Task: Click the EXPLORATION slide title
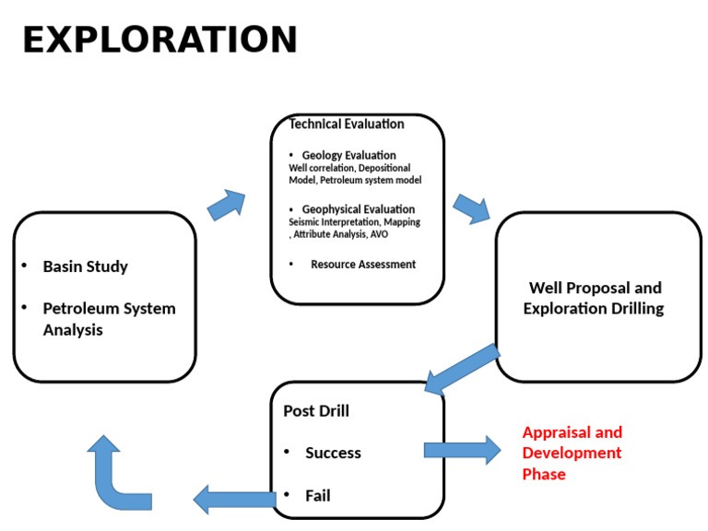click(x=159, y=41)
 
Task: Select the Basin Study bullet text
click(x=85, y=266)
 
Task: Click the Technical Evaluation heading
click(x=347, y=124)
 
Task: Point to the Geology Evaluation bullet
click(x=348, y=155)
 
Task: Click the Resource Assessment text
click(x=362, y=265)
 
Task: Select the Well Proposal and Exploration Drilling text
click(x=594, y=299)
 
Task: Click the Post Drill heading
click(x=315, y=411)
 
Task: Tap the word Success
click(x=333, y=453)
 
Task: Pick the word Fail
click(x=317, y=496)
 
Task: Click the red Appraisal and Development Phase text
click(x=572, y=453)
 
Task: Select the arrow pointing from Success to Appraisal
click(x=462, y=450)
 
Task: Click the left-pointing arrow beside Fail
click(x=234, y=500)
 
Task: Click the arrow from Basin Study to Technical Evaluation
click(x=227, y=206)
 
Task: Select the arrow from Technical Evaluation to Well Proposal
click(x=471, y=208)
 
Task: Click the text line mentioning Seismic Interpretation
click(x=354, y=222)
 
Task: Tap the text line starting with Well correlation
click(x=349, y=168)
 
